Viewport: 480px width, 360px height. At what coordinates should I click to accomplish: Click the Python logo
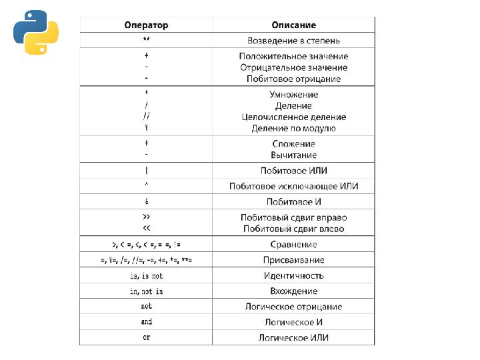click(36, 32)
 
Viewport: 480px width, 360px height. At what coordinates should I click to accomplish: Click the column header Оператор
click(146, 25)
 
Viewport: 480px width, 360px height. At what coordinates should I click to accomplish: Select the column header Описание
click(293, 25)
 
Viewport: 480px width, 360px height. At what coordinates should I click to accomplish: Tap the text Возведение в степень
click(293, 40)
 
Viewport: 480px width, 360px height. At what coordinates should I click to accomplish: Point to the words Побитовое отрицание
click(293, 79)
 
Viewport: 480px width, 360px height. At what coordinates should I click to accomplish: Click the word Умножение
click(293, 94)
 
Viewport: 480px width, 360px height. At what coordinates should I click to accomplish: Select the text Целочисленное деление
click(293, 117)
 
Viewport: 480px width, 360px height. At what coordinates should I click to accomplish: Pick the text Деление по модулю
click(293, 128)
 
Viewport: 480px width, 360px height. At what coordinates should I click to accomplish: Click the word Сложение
click(293, 143)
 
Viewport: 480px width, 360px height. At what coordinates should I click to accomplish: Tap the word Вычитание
click(293, 155)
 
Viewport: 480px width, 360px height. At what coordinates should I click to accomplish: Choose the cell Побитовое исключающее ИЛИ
click(293, 186)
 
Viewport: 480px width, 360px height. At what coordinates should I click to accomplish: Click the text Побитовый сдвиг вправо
click(293, 217)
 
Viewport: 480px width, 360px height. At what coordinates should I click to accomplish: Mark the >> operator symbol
click(146, 217)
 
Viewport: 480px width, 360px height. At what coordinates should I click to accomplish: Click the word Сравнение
click(293, 245)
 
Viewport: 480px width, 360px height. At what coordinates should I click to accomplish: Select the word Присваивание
click(293, 260)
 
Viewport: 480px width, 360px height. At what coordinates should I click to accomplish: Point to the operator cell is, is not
click(146, 275)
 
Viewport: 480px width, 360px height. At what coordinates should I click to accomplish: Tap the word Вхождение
click(293, 291)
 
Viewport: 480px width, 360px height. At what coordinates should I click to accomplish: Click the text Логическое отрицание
click(293, 307)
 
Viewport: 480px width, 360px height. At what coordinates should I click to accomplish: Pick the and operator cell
click(146, 322)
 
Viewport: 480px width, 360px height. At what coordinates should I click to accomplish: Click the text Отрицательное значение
click(293, 67)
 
